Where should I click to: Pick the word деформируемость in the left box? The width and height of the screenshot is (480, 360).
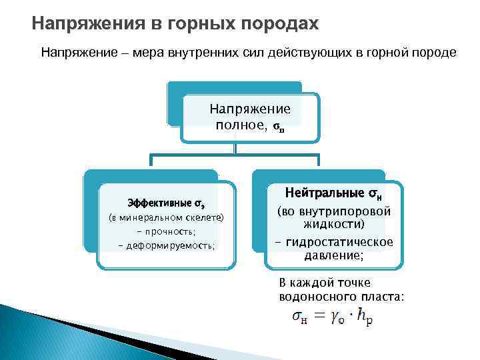170,245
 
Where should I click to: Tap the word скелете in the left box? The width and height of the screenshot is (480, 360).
204,217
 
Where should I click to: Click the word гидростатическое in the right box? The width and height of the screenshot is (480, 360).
340,241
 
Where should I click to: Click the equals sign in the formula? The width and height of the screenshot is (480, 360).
321,316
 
